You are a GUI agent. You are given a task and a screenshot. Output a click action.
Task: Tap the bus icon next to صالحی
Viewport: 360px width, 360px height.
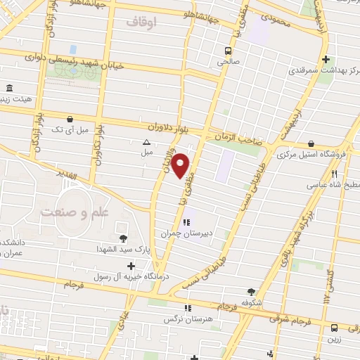(228, 51)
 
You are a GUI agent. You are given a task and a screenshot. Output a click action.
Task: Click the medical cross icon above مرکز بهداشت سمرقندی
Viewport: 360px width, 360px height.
(324, 60)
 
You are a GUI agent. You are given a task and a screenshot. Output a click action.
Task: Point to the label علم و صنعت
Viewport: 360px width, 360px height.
(68, 212)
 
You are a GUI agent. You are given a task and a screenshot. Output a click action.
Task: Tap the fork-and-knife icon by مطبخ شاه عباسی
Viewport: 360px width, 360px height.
(335, 174)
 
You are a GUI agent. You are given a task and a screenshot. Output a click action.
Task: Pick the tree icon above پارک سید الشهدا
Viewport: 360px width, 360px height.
(123, 238)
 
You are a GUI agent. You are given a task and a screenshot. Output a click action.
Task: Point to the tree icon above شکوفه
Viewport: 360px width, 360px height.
(251, 291)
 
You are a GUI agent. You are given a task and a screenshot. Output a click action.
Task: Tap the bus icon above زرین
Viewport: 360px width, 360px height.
(334, 327)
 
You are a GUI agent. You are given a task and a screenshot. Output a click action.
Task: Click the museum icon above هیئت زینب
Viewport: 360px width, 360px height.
(9, 88)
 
